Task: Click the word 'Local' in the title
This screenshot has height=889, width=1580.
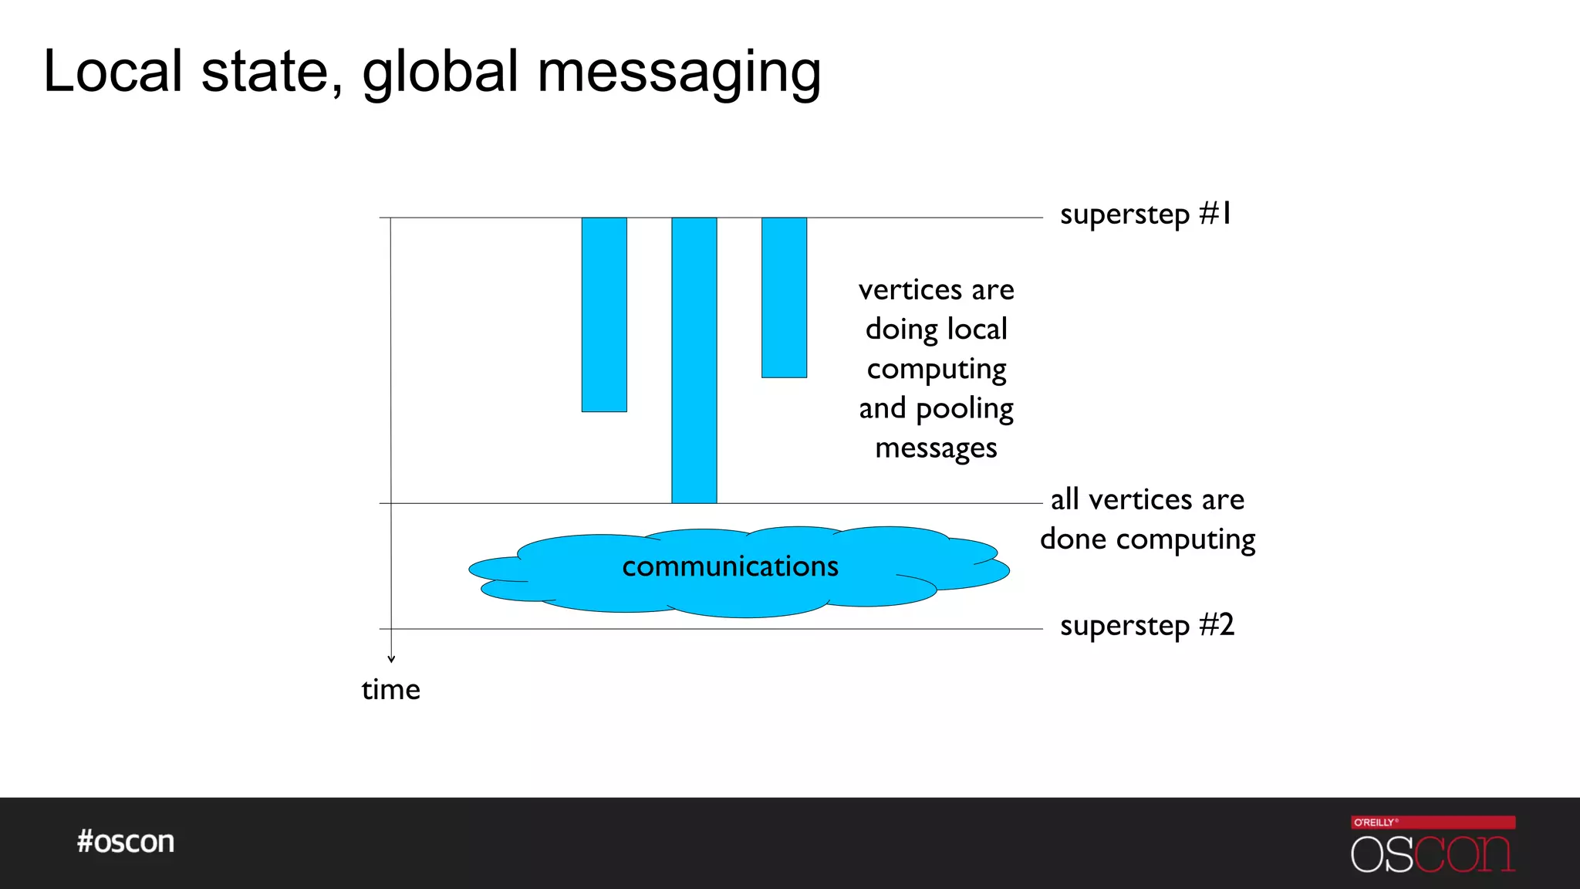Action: (113, 72)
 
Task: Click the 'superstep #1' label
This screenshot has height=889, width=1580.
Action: (1146, 215)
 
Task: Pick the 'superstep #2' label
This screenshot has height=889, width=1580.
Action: (1147, 625)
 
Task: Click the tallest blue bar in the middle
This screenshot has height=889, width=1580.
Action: (694, 360)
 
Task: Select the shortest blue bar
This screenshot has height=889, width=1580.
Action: (784, 297)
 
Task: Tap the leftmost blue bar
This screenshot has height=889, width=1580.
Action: (604, 314)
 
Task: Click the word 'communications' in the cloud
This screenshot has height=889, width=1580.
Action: (730, 566)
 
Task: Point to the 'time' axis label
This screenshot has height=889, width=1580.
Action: (391, 690)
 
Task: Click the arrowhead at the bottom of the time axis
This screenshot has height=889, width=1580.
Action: (391, 658)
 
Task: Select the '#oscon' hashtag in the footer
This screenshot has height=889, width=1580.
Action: (126, 841)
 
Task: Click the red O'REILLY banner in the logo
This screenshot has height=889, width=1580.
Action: (1433, 822)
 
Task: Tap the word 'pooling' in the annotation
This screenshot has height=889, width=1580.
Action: (964, 409)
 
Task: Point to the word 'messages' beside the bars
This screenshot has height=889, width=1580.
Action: (936, 448)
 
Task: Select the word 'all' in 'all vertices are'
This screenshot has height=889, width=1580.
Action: (1065, 499)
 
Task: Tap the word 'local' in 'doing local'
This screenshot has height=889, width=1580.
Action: (977, 330)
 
